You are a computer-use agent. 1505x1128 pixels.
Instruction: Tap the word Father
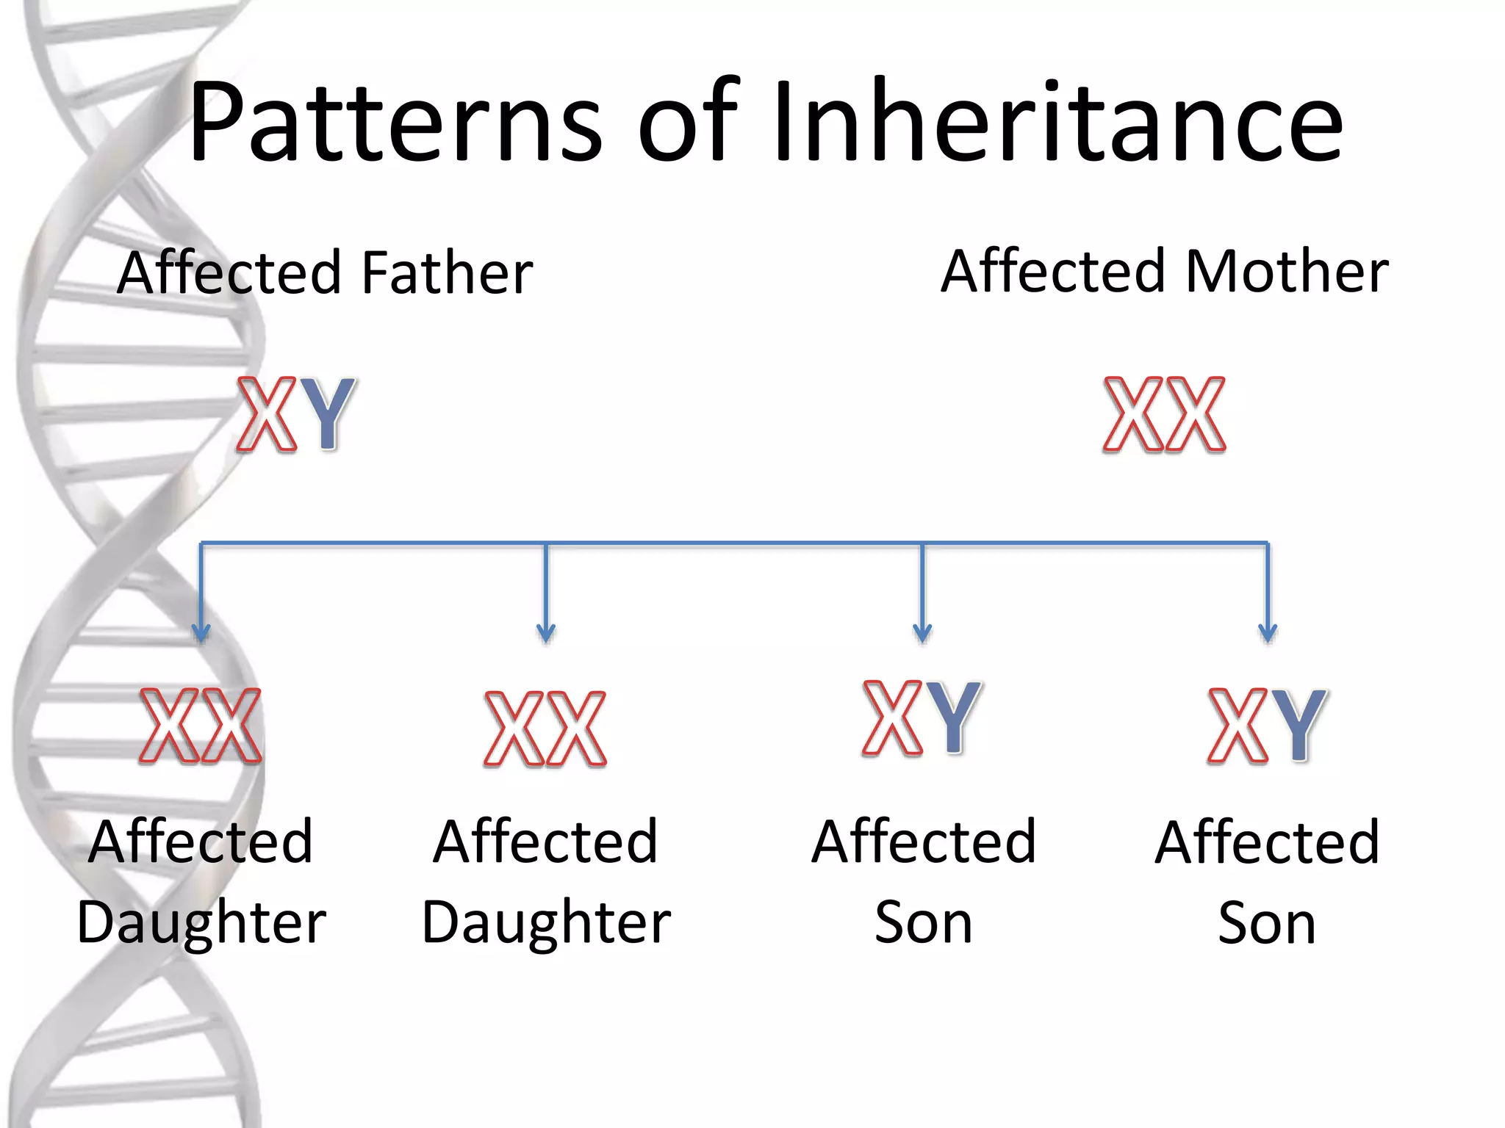tap(448, 273)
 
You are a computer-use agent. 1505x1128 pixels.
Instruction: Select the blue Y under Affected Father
tap(328, 413)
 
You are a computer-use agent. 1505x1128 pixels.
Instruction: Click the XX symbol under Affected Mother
tap(1165, 413)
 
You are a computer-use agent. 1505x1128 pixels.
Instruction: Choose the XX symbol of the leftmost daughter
tap(201, 726)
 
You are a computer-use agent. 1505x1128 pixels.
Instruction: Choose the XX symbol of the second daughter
tap(545, 728)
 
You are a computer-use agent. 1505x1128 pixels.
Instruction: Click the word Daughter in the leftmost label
tap(201, 922)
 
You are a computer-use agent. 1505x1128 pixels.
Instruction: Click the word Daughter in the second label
tap(546, 922)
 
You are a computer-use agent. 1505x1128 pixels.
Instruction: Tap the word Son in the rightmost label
tap(1267, 922)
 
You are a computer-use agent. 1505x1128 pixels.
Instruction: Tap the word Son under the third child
tap(923, 922)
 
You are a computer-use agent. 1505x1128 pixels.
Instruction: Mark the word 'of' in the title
tap(687, 121)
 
